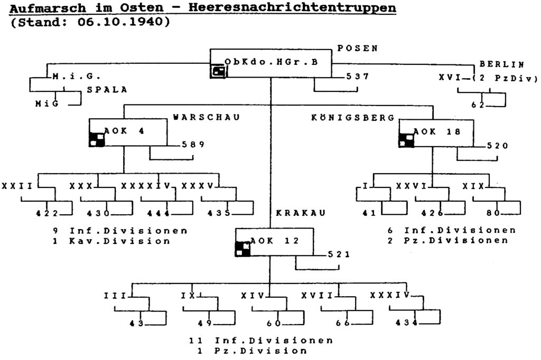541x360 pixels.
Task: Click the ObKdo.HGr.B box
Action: [272, 63]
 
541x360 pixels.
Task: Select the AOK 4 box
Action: [127, 132]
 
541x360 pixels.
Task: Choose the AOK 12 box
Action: [274, 242]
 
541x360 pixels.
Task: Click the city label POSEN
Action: [358, 48]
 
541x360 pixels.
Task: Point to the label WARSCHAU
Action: [207, 117]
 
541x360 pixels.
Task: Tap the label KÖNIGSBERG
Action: [353, 117]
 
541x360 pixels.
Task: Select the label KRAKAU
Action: [301, 213]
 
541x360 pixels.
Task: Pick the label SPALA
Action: [107, 90]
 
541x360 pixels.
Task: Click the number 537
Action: [358, 77]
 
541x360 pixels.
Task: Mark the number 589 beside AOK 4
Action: [193, 145]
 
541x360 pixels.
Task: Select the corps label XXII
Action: [17, 186]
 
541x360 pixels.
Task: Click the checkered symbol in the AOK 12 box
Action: [242, 248]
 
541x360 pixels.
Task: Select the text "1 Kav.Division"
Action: [111, 241]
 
